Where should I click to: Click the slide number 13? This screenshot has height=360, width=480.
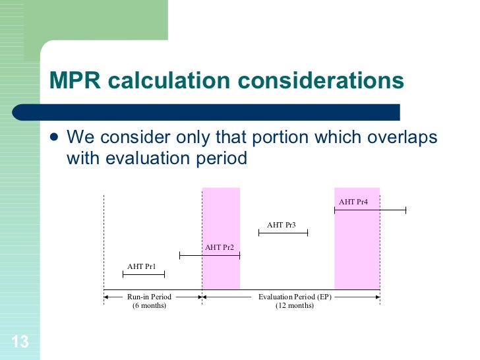20,342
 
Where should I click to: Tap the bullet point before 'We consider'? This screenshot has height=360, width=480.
54,138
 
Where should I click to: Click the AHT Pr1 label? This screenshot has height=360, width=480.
142,266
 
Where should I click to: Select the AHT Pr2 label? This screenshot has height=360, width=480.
220,247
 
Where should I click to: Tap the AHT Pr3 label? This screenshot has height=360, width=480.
282,225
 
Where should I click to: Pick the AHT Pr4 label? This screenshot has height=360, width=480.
353,202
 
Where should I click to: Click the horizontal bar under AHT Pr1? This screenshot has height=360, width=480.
144,274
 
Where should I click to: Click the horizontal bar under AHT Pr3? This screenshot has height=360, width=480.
284,233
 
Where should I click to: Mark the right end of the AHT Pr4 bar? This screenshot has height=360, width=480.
405,210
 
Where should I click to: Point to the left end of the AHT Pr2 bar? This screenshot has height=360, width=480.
180,255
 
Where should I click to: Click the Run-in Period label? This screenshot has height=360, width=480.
150,297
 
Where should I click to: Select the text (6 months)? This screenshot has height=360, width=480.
150,305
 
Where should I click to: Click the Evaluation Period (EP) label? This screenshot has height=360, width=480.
295,297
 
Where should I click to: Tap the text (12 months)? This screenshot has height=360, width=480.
295,305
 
